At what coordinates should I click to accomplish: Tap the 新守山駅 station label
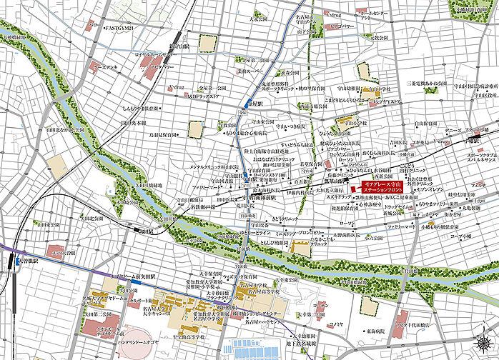point(177,44)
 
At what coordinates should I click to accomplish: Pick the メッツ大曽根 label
point(61,251)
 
